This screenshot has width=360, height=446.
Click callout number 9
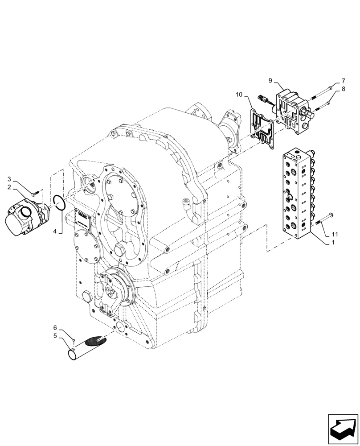point(270,81)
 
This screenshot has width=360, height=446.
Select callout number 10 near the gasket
point(239,95)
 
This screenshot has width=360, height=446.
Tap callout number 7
point(343,81)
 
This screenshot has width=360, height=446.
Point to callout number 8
point(343,89)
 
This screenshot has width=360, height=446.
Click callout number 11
point(335,234)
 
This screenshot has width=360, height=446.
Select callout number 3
point(9,179)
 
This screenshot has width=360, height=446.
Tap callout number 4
point(55,231)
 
